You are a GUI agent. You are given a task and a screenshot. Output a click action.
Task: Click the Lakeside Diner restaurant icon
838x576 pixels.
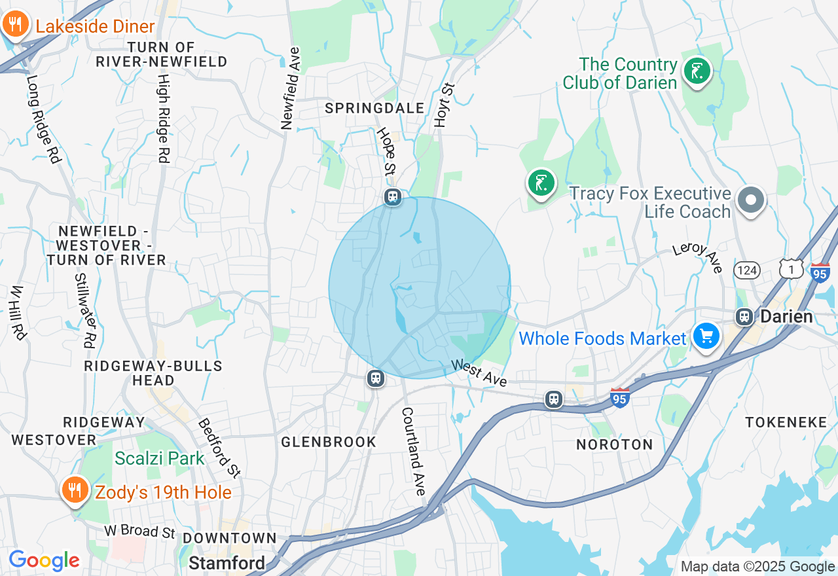pyautogui.click(x=14, y=25)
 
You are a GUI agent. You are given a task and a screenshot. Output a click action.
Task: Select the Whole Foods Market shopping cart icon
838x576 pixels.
pyautogui.click(x=706, y=336)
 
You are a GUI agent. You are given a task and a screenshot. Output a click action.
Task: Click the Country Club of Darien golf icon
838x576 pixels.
pyautogui.click(x=697, y=70)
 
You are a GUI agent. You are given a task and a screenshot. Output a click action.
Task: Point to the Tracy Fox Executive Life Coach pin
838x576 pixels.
pyautogui.click(x=751, y=200)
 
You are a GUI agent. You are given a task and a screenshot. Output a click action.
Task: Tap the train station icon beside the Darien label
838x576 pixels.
pyautogui.click(x=744, y=317)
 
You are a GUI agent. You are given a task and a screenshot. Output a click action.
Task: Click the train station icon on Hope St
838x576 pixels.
pyautogui.click(x=393, y=196)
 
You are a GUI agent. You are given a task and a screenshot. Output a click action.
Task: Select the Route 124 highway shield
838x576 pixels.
pyautogui.click(x=747, y=270)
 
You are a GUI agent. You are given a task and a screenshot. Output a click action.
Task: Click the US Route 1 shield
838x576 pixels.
pyautogui.click(x=791, y=268)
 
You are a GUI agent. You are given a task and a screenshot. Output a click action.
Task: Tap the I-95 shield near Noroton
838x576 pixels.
pyautogui.click(x=619, y=397)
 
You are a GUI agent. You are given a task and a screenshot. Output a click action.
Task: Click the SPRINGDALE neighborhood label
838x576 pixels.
pyautogui.click(x=374, y=109)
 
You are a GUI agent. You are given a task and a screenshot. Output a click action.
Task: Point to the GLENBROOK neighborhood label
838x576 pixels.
pyautogui.click(x=329, y=442)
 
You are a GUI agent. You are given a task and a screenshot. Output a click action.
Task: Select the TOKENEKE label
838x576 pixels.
pyautogui.click(x=786, y=422)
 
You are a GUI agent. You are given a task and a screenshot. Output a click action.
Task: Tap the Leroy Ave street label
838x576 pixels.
pyautogui.click(x=699, y=257)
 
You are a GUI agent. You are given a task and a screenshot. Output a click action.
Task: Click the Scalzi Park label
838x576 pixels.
pyautogui.click(x=160, y=458)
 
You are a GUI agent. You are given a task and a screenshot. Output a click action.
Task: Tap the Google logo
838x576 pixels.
pyautogui.click(x=44, y=560)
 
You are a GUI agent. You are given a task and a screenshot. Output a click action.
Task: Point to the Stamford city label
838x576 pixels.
pyautogui.click(x=227, y=563)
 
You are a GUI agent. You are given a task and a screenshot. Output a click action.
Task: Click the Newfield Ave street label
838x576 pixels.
pyautogui.click(x=289, y=88)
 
